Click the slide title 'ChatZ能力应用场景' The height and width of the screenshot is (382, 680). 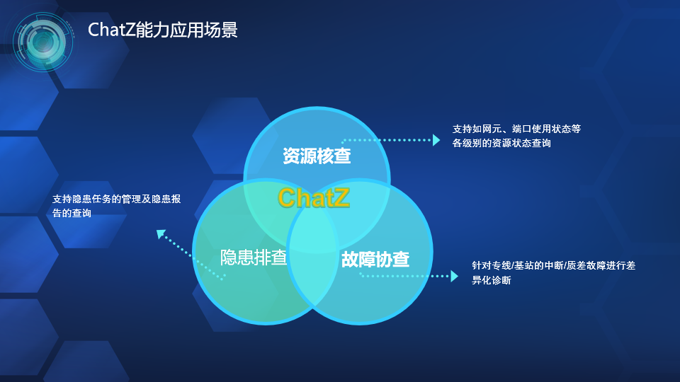(163, 30)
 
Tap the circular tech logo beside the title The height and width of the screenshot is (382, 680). (42, 42)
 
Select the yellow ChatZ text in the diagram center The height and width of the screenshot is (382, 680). (314, 197)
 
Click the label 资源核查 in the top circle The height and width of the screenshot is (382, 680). (317, 156)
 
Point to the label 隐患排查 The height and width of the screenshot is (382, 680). (254, 257)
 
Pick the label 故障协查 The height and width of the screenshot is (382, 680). (375, 259)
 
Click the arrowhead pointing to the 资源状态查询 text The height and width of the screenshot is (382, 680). (436, 140)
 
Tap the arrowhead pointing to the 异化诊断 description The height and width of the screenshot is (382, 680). (455, 276)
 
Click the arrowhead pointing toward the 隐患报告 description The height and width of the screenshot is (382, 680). (161, 234)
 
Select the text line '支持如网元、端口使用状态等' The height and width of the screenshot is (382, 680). (516, 129)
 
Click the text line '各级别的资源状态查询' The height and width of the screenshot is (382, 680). (501, 143)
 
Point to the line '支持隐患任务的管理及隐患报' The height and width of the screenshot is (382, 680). (117, 199)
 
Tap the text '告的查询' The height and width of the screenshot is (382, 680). (72, 213)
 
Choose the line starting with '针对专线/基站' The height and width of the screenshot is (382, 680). (554, 265)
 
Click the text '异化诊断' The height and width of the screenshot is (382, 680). (492, 280)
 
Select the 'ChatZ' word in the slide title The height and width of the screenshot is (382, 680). (111, 30)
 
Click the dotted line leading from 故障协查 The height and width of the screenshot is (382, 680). (405, 276)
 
